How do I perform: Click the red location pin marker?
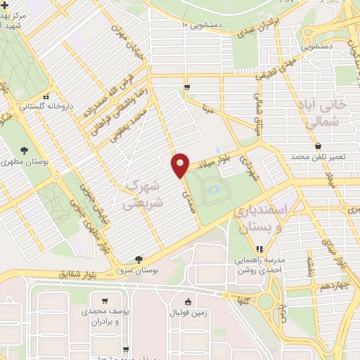click(181, 164)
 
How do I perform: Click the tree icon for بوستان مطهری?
click(25, 150)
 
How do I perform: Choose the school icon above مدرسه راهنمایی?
click(259, 248)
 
